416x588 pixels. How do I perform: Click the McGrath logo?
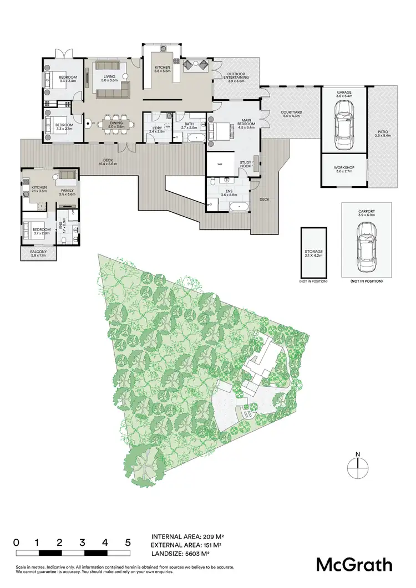[x=354, y=565]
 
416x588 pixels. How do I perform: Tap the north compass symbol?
[x=358, y=467]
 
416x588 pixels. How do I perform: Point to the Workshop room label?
[x=344, y=170]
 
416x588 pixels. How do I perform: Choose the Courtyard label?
[x=291, y=113]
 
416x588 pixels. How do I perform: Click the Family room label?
[x=67, y=191]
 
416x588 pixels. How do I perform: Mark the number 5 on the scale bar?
[x=128, y=542]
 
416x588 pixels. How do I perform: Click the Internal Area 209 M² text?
[x=187, y=537]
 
